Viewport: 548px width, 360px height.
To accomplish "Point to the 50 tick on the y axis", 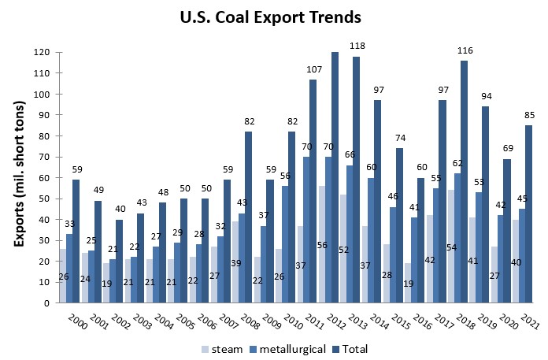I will coord(44,198).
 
